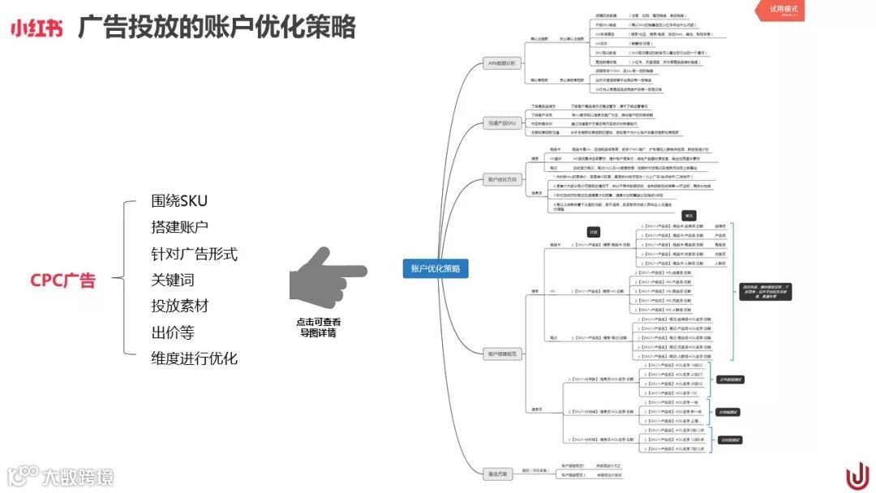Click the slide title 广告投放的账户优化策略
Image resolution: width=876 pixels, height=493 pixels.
(x=217, y=28)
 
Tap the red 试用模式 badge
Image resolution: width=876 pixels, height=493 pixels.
(x=784, y=10)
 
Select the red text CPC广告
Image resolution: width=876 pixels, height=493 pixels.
(x=62, y=281)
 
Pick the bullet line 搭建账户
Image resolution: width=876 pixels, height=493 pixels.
(x=179, y=228)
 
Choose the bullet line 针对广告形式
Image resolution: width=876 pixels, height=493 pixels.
(x=194, y=254)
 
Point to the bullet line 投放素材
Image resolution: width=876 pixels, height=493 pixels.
(x=179, y=307)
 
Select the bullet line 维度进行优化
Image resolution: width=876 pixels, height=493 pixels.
(x=194, y=358)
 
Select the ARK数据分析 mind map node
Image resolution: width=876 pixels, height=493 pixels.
(x=501, y=62)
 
